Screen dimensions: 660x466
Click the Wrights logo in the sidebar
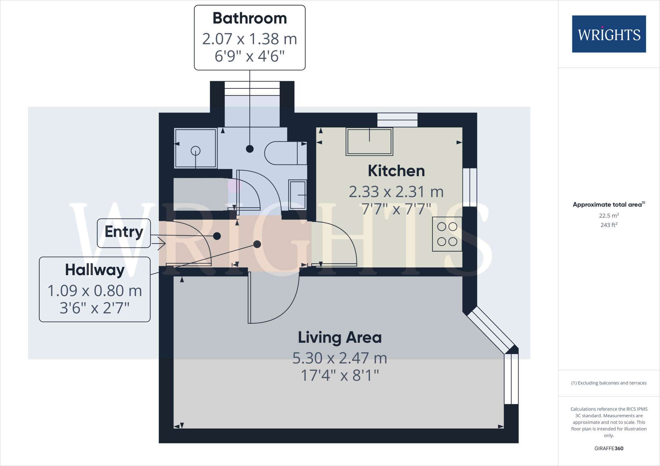[x=609, y=34]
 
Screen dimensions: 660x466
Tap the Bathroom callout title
[x=249, y=18]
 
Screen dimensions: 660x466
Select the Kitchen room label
[x=396, y=171]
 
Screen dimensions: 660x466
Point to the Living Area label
[x=340, y=338]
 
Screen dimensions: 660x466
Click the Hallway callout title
[x=95, y=270]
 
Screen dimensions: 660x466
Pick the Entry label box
[x=124, y=233]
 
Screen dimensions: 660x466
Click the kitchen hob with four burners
[x=447, y=234]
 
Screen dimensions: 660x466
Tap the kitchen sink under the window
[x=369, y=142]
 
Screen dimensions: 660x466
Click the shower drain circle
[x=196, y=151]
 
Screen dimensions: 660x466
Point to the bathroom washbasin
[x=297, y=195]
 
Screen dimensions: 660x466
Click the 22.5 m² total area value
[x=609, y=215]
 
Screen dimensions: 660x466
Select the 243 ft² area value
[x=609, y=225]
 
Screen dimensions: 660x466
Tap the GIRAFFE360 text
[x=609, y=448]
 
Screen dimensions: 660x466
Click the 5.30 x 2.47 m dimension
[x=340, y=358]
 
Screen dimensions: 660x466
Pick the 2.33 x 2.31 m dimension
[x=396, y=192]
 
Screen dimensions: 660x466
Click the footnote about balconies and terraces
[x=609, y=383]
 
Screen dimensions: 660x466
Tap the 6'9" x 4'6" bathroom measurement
[x=249, y=56]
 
